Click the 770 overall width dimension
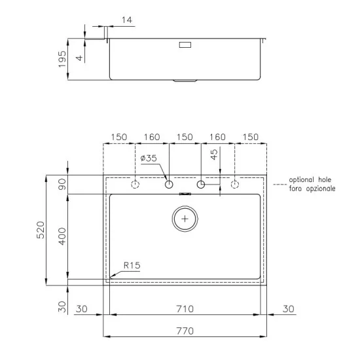pyautogui.click(x=185, y=331)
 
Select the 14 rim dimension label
pyautogui.click(x=127, y=21)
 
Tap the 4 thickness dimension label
pyautogui.click(x=80, y=58)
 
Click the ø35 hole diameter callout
pyautogui.click(x=149, y=158)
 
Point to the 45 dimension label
pyautogui.click(x=214, y=155)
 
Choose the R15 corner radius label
pyautogui.click(x=131, y=265)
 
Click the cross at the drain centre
pyautogui.click(x=186, y=219)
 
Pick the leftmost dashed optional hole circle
pyautogui.click(x=135, y=185)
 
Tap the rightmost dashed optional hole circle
pyautogui.click(x=235, y=185)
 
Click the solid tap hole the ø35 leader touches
pyautogui.click(x=169, y=185)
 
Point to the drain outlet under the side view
pyautogui.click(x=185, y=82)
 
